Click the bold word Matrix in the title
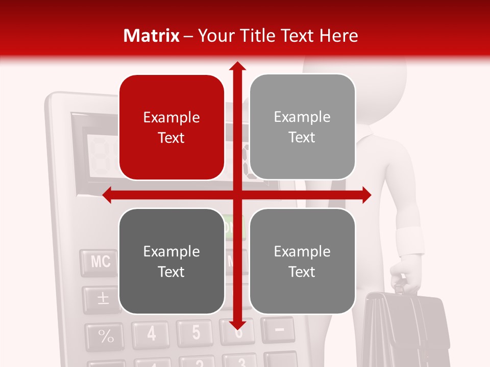152,36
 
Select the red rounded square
171,127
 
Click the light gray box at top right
302,127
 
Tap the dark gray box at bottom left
171,261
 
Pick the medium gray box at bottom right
302,261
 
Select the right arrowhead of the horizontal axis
366,195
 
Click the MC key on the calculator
101,262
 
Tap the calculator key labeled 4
152,334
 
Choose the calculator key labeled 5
195,332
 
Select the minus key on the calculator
279,330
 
